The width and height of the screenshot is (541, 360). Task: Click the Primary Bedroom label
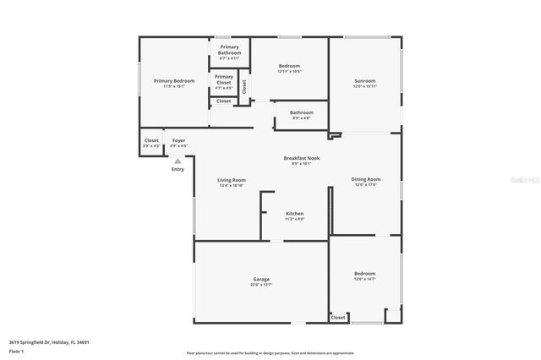coord(174,81)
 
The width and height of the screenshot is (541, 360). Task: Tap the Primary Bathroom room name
coord(229,50)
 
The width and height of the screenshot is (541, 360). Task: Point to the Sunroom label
coord(365,81)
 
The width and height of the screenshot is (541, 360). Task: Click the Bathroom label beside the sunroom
coord(302,112)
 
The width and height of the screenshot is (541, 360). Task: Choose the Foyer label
coord(178,140)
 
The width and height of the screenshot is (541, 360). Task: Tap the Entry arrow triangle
coord(178,161)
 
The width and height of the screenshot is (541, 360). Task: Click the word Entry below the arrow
coord(178,169)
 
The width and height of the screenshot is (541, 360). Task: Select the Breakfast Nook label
coord(301,158)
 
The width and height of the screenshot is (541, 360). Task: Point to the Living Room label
coord(232,179)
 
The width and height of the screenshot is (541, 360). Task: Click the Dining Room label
coord(365,179)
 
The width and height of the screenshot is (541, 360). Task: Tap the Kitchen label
coord(294,214)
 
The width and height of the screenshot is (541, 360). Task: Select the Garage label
coord(261,279)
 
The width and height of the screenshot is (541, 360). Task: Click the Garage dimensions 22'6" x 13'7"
coord(261,285)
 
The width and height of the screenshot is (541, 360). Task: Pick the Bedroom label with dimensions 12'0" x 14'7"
coord(365,274)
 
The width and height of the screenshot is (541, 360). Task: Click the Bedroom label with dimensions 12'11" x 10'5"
coord(289,66)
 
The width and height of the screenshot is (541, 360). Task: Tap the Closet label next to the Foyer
coord(151,140)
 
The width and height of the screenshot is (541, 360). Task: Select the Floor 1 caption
coord(16,351)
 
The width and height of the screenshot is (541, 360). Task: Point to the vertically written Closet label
coord(244,85)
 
